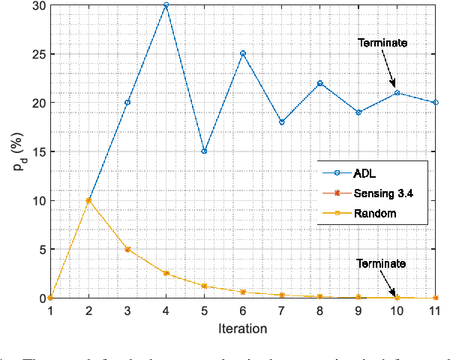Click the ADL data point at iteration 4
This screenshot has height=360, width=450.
(x=166, y=5)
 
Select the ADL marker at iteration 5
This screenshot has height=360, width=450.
(x=204, y=151)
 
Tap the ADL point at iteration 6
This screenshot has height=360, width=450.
(x=243, y=54)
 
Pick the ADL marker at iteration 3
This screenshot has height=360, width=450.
(x=127, y=103)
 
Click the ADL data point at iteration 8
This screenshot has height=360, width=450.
(x=320, y=83)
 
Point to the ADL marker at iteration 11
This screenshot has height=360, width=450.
(x=436, y=103)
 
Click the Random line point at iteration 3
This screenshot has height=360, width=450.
(x=127, y=250)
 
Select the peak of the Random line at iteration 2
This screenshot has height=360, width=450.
(x=88, y=201)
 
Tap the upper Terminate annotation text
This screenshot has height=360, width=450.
(x=382, y=43)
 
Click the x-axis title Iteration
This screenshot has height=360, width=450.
(x=243, y=328)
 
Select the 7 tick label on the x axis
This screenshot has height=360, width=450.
(x=281, y=310)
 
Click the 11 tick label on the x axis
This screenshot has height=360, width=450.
(x=436, y=310)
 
